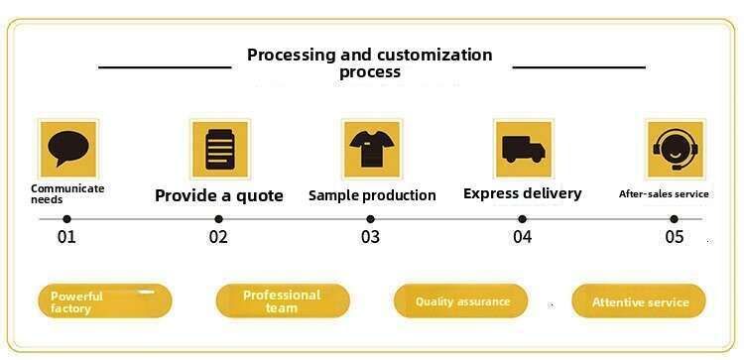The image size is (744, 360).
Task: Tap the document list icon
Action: pos(220,149)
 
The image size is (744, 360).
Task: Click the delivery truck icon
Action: pos(524,149)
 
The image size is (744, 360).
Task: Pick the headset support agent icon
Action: pos(676,150)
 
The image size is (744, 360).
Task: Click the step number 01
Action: pos(66,237)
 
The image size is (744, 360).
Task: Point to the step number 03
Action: pos(370,237)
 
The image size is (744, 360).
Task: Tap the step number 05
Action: pos(675,237)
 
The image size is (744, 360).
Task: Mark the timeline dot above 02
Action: pos(218,219)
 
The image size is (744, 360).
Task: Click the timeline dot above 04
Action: pos(522,219)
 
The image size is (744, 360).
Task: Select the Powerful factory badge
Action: pos(105,300)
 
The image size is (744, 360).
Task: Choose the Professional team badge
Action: pos(283,300)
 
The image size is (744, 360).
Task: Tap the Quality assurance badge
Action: pos(460,300)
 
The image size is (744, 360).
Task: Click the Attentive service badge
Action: pos(639,300)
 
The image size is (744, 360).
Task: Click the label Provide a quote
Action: pos(219,196)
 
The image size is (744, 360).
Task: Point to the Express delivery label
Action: pos(523,193)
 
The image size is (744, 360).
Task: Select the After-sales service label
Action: pos(664,194)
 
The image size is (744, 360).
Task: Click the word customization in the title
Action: pos(435,55)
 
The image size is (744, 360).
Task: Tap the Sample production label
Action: pos(372,195)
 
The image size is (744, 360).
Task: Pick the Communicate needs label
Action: pos(67,194)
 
